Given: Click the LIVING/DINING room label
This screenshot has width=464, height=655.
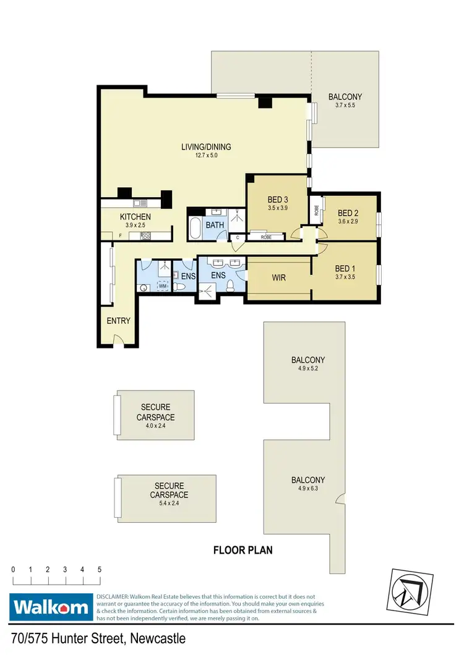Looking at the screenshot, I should click(206, 147).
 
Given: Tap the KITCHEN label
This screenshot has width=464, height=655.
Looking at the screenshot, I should click(135, 217).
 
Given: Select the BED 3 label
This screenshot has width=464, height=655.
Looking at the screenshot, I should click(278, 200).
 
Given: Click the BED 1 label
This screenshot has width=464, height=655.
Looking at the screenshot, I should click(345, 269).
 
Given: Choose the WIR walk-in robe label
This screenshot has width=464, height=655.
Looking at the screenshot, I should click(278, 278).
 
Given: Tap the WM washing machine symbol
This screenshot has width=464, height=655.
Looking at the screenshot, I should click(163, 286).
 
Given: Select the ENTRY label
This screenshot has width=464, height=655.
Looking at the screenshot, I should click(118, 321).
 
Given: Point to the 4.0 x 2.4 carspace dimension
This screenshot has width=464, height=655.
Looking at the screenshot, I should click(155, 426).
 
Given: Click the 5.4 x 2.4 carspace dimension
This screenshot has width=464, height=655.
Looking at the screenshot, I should click(169, 504).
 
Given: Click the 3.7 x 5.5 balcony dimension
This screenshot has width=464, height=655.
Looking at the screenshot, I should click(345, 106).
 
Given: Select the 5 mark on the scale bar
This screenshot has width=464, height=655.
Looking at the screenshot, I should click(99, 569).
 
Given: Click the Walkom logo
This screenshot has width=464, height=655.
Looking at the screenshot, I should click(51, 607).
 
